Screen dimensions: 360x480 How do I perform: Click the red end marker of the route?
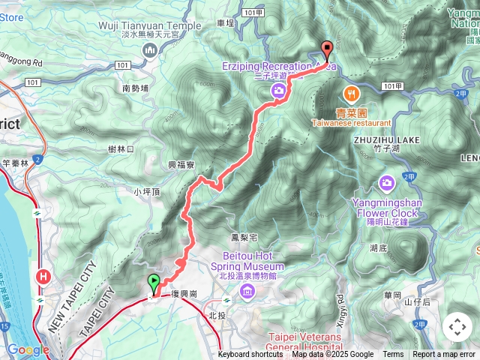327,50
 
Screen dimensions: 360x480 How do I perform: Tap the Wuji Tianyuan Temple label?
150,25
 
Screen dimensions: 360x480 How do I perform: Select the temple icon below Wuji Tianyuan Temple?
148,49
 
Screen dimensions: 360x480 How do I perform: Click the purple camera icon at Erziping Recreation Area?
278,91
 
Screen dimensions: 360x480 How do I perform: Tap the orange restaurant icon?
349,93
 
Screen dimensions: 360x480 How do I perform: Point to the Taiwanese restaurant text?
352,122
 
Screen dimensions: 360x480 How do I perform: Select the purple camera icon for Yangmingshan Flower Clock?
388,182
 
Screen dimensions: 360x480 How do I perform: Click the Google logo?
28,349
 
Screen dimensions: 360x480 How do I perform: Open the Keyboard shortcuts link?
250,355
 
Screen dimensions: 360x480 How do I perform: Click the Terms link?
393,355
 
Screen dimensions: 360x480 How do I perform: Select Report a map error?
444,355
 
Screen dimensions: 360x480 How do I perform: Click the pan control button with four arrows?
457,327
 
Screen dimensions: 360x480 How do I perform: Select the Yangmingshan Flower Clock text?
387,207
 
